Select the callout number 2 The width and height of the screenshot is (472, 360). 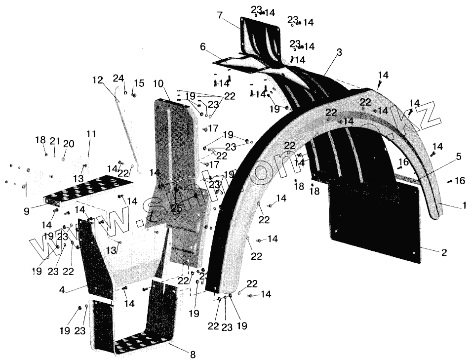pyautogui.click(x=444, y=252)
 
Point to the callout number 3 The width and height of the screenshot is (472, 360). pyautogui.click(x=339, y=52)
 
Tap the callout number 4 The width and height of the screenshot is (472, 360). pyautogui.click(x=61, y=290)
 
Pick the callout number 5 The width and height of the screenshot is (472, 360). pyautogui.click(x=458, y=157)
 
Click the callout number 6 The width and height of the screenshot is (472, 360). pyautogui.click(x=202, y=47)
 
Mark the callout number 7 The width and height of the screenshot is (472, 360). pyautogui.click(x=220, y=15)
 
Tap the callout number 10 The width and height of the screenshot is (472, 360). pyautogui.click(x=158, y=83)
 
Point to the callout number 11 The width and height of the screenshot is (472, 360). pyautogui.click(x=91, y=134)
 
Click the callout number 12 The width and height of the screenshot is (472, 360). pyautogui.click(x=97, y=80)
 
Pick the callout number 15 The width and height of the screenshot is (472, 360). pyautogui.click(x=139, y=83)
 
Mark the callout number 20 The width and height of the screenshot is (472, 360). pyautogui.click(x=69, y=144)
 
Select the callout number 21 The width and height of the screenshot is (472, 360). pyautogui.click(x=55, y=140)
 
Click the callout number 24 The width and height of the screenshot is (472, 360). pyautogui.click(x=118, y=78)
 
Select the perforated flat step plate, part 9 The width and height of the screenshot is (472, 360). pyautogui.click(x=86, y=190)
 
